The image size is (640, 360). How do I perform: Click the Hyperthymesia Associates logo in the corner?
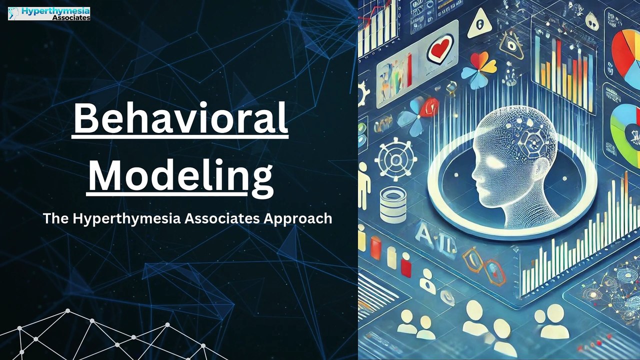coord(49,13)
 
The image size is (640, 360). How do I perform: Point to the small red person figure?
coord(406,264)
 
